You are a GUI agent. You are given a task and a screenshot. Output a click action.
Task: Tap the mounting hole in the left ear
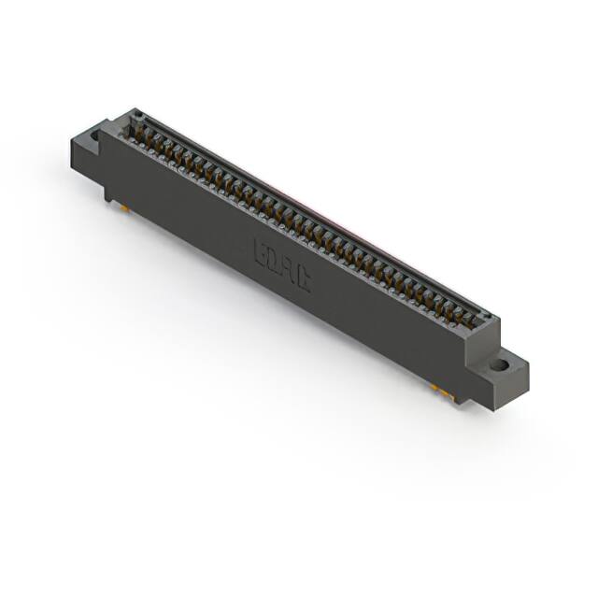(x=94, y=135)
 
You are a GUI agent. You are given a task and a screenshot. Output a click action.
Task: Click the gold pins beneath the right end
(x=443, y=392)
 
